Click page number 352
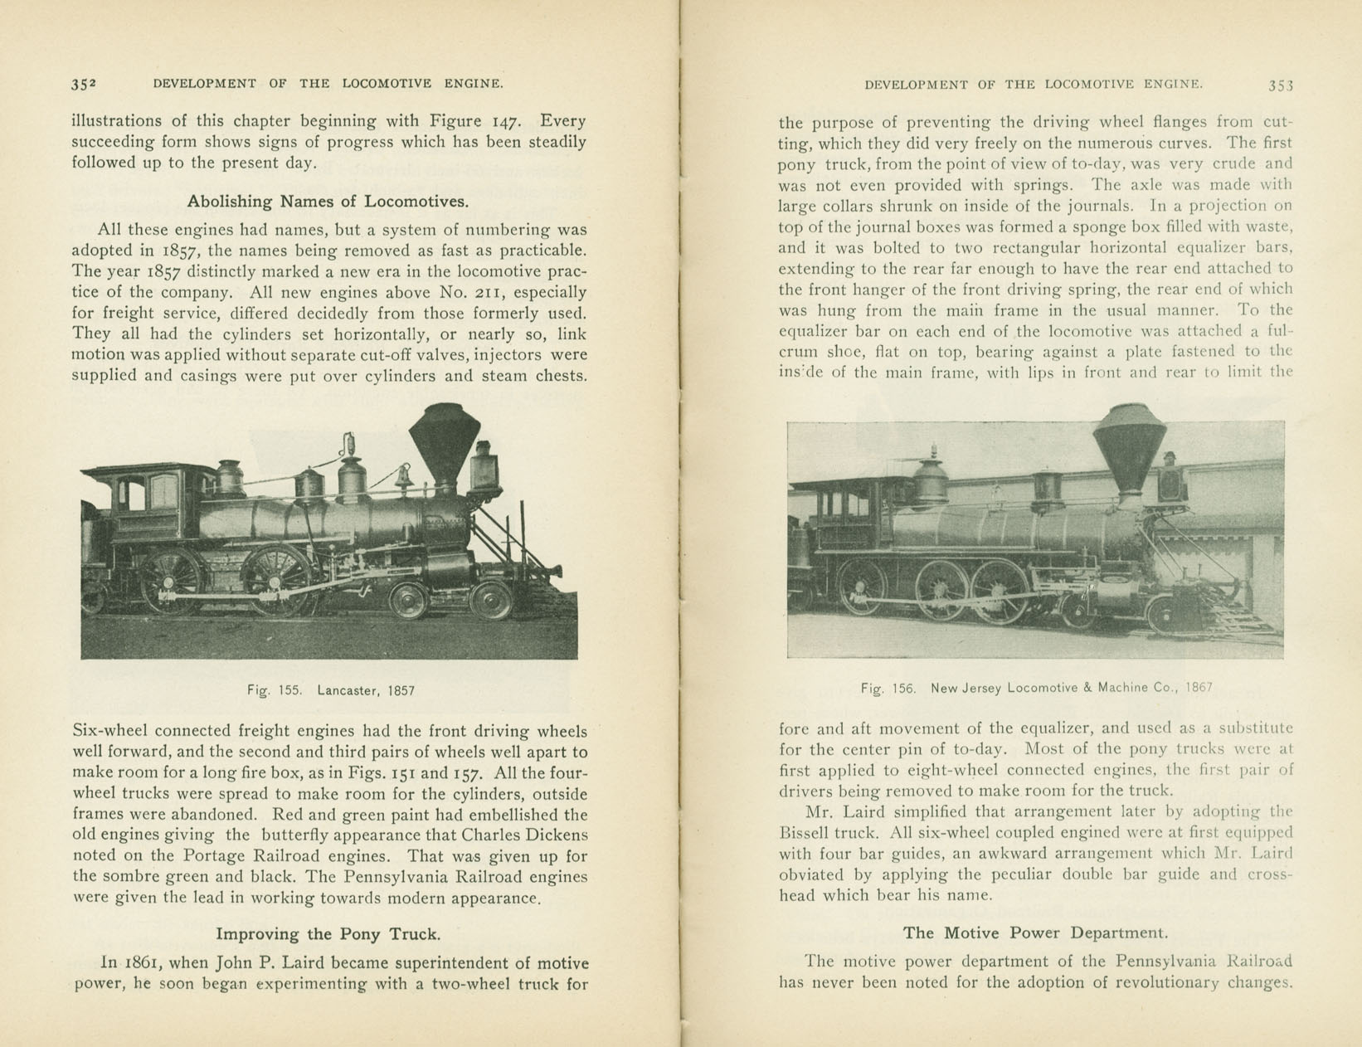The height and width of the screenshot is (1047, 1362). pyautogui.click(x=84, y=84)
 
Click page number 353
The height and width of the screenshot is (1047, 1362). pyautogui.click(x=1280, y=85)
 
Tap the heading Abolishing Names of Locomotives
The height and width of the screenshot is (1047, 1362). pyautogui.click(x=328, y=202)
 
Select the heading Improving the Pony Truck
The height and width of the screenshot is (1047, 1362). pyautogui.click(x=328, y=934)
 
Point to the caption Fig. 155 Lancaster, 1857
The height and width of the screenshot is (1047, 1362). pyautogui.click(x=330, y=690)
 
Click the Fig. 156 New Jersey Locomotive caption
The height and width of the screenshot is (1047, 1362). pyautogui.click(x=1036, y=688)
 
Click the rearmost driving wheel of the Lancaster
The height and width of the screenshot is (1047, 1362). pyautogui.click(x=173, y=581)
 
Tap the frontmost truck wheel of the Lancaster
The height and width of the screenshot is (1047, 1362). pyautogui.click(x=491, y=601)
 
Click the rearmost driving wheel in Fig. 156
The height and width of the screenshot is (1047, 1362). pyautogui.click(x=863, y=587)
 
